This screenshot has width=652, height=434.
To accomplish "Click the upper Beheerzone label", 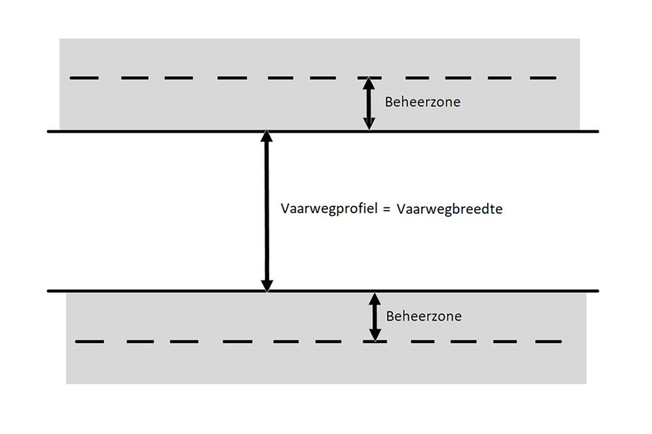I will (422, 102).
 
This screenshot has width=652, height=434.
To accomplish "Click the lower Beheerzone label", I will (423, 317).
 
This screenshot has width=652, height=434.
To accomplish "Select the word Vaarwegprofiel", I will (330, 208).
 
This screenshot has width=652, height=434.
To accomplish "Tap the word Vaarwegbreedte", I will (449, 208).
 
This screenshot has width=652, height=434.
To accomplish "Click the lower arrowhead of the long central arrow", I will (267, 284).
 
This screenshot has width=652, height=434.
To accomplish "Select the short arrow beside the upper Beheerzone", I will (369, 103).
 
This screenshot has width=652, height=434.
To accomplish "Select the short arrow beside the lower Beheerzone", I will (375, 317).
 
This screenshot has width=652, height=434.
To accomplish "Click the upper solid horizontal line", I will (172, 131).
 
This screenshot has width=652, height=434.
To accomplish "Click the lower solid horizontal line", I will (172, 290).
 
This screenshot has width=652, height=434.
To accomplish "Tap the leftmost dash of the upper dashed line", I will (83, 78).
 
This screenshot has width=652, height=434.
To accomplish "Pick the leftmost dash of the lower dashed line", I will (89, 342).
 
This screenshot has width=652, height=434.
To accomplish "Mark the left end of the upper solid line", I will (49, 131).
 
